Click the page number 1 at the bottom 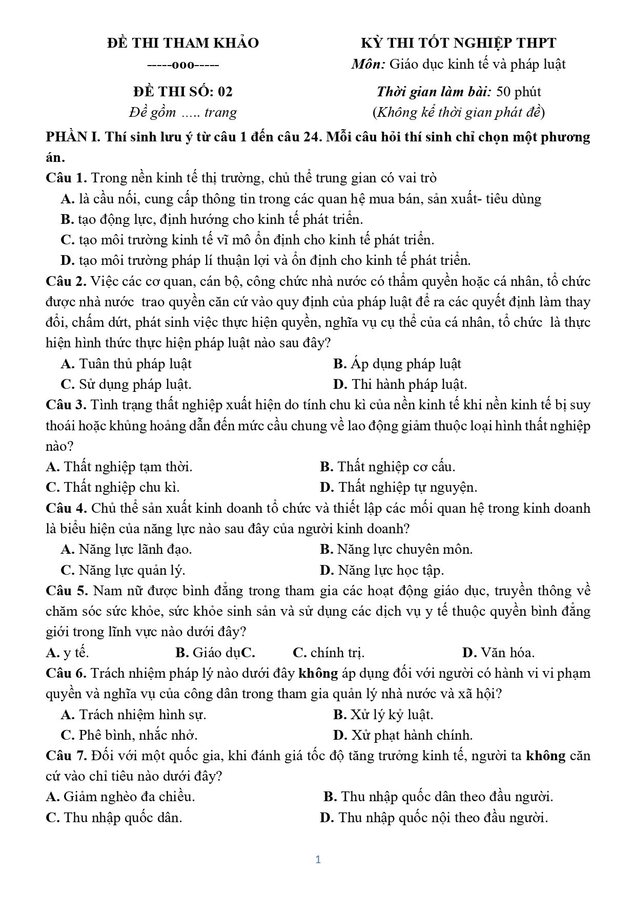[x=318, y=860]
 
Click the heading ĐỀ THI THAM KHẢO [x=183, y=43]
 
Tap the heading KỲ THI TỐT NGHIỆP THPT [x=459, y=43]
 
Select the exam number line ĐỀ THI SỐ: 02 [x=183, y=92]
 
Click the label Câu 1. [x=66, y=178]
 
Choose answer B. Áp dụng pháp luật [x=397, y=364]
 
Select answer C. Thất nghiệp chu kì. [x=113, y=487]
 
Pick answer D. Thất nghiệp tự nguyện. [x=398, y=487]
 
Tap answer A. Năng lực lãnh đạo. [x=126, y=550]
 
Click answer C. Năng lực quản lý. [x=123, y=570]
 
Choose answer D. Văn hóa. [x=498, y=653]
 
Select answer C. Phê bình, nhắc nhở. [x=129, y=735]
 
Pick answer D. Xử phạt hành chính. [x=403, y=735]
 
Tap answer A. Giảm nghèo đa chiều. [x=120, y=797]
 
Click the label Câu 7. [x=67, y=756]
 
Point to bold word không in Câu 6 [x=318, y=673]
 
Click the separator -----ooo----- [x=183, y=65]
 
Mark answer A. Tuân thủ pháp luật [x=126, y=364]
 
